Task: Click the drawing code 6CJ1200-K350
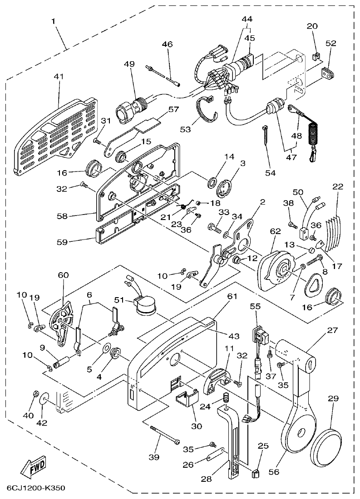[36, 488]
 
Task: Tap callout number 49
[129, 64]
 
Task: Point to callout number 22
[337, 187]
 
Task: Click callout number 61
[232, 296]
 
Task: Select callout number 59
[62, 242]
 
